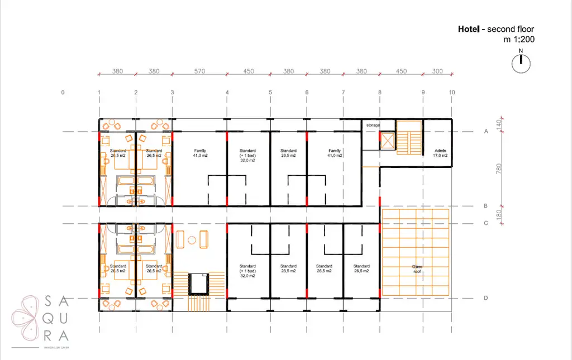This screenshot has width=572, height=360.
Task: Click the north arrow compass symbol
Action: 521,63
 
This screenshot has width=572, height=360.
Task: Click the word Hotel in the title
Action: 468,29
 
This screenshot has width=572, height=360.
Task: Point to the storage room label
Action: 373,126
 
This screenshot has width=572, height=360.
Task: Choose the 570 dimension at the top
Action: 199,71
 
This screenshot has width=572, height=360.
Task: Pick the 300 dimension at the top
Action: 437,71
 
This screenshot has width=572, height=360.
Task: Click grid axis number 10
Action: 451,92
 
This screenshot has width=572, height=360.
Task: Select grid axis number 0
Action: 63,92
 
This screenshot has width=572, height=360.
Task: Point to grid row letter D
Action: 485,298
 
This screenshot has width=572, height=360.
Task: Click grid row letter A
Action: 485,132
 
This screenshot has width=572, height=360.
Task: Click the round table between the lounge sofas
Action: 192,240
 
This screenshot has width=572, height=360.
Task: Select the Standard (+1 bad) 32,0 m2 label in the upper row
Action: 247,155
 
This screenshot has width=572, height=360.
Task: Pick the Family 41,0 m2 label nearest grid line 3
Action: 200,153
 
